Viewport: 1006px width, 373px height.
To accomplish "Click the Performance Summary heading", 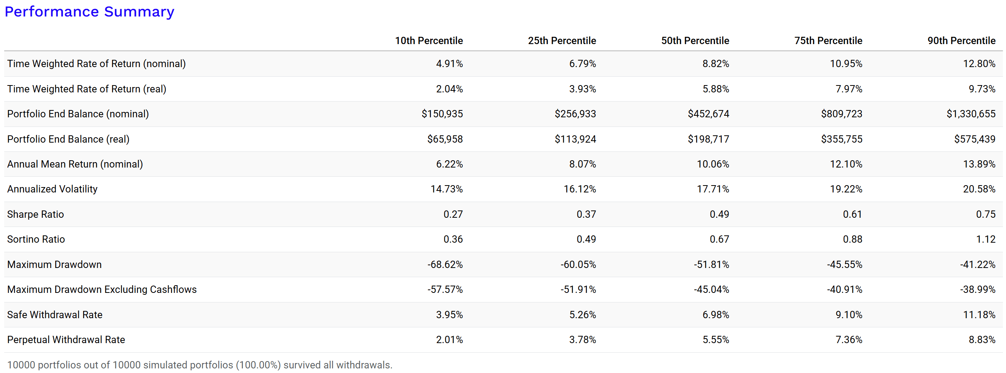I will pos(89,12).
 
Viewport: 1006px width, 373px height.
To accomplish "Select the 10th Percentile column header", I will pos(428,41).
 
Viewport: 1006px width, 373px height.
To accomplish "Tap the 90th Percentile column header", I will pos(961,41).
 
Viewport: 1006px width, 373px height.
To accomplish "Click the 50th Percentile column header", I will pos(695,41).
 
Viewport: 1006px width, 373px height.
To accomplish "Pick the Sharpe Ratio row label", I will pos(36,214).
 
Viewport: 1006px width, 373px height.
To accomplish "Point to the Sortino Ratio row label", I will pos(36,239).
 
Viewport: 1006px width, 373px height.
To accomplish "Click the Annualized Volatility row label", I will pos(52,189).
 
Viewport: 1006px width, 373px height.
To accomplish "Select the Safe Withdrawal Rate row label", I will pos(55,315).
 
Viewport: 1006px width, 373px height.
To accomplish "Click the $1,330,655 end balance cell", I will pos(970,114).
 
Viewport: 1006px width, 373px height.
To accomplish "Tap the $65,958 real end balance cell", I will pos(445,139).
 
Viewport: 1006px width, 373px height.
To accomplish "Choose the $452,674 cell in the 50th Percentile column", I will pos(708,114).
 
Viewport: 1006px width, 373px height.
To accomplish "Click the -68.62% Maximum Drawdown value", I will pos(445,265).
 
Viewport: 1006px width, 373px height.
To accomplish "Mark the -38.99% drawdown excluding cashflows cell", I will pos(978,290).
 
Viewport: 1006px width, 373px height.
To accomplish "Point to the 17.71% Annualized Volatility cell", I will pos(713,189).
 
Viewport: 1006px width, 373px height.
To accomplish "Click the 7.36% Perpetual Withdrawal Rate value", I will pos(849,340).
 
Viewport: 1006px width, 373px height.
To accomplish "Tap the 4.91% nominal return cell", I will pos(449,64).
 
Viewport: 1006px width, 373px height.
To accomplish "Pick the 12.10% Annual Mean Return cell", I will pos(846,164).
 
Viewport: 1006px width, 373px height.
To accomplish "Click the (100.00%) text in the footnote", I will pos(258,365).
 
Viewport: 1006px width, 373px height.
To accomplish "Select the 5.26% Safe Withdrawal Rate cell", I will pos(582,315).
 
